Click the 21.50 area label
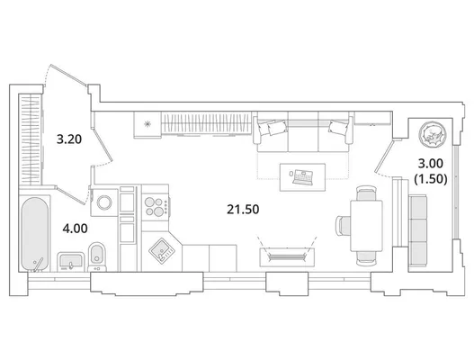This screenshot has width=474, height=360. pyautogui.click(x=243, y=210)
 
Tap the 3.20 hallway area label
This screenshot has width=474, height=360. pyautogui.click(x=69, y=139)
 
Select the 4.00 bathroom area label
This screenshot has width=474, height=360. pyautogui.click(x=75, y=229)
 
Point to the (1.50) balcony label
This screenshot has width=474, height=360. pyautogui.click(x=431, y=179)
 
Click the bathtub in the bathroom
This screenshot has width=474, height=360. pyautogui.click(x=35, y=234)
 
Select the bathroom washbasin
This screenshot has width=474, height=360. pyautogui.click(x=71, y=261)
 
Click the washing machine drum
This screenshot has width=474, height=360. pyautogui.click(x=104, y=202)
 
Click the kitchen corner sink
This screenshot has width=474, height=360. pyautogui.click(x=162, y=250)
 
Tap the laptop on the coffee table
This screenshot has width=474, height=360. pyautogui.click(x=302, y=177)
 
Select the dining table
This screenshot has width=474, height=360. pyautogui.click(x=366, y=225)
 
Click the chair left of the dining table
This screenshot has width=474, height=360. pyautogui.click(x=343, y=226)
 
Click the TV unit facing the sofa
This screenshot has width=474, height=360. pyautogui.click(x=287, y=257)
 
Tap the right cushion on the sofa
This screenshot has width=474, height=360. pyautogui.click(x=338, y=127)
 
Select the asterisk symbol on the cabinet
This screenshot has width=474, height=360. pyautogui.click(x=148, y=123)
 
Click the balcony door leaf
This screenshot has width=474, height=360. pyautogui.click(x=384, y=156)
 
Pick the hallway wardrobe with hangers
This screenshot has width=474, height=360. pyautogui.click(x=30, y=139)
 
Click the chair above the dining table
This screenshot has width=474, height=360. pyautogui.click(x=366, y=193)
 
